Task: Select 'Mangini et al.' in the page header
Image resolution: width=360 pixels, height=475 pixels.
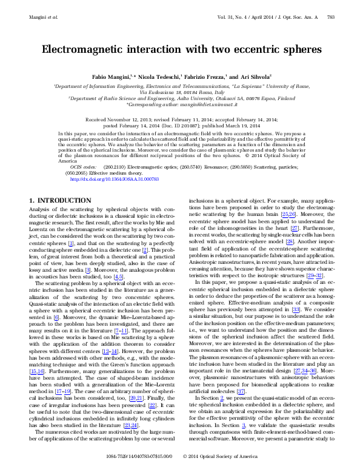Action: (43, 17)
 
